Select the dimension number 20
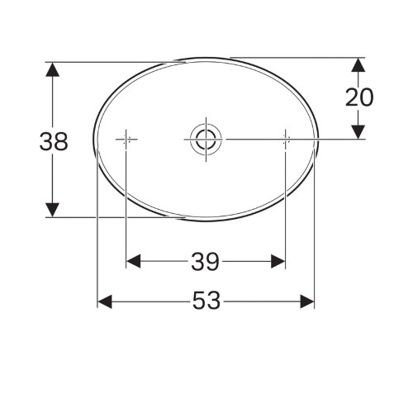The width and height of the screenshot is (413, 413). (x=358, y=97)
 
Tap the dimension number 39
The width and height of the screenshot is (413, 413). (x=205, y=262)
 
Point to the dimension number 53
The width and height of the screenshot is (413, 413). (x=206, y=302)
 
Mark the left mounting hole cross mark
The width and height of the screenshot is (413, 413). (x=126, y=140)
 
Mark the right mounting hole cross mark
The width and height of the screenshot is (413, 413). (x=285, y=140)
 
